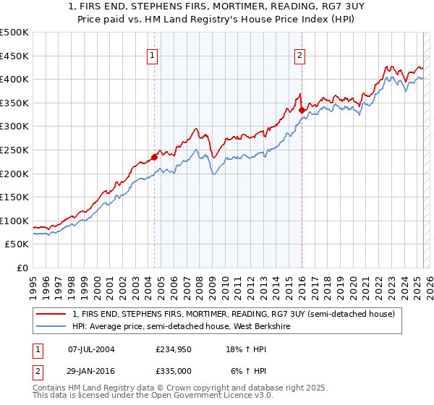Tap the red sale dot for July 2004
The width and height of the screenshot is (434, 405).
155,156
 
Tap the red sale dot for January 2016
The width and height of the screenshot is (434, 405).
302,110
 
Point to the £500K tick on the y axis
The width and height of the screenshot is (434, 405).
14,33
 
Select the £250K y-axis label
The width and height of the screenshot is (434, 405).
14,150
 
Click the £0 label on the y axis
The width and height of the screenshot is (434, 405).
23,268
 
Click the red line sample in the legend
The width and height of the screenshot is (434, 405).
51,314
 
